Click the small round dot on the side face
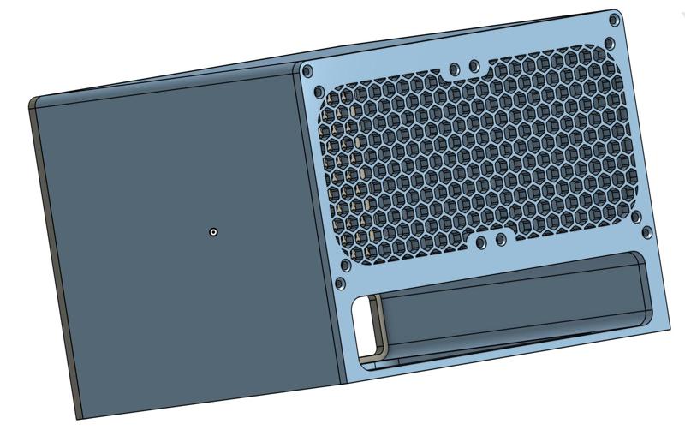pyautogui.click(x=213, y=231)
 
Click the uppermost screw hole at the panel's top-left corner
pyautogui.click(x=308, y=72)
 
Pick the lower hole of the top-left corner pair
pyautogui.click(x=318, y=91)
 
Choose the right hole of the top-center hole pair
pyautogui.click(x=472, y=65)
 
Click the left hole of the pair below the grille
pyautogui.click(x=482, y=243)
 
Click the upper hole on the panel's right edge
pyautogui.click(x=638, y=218)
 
